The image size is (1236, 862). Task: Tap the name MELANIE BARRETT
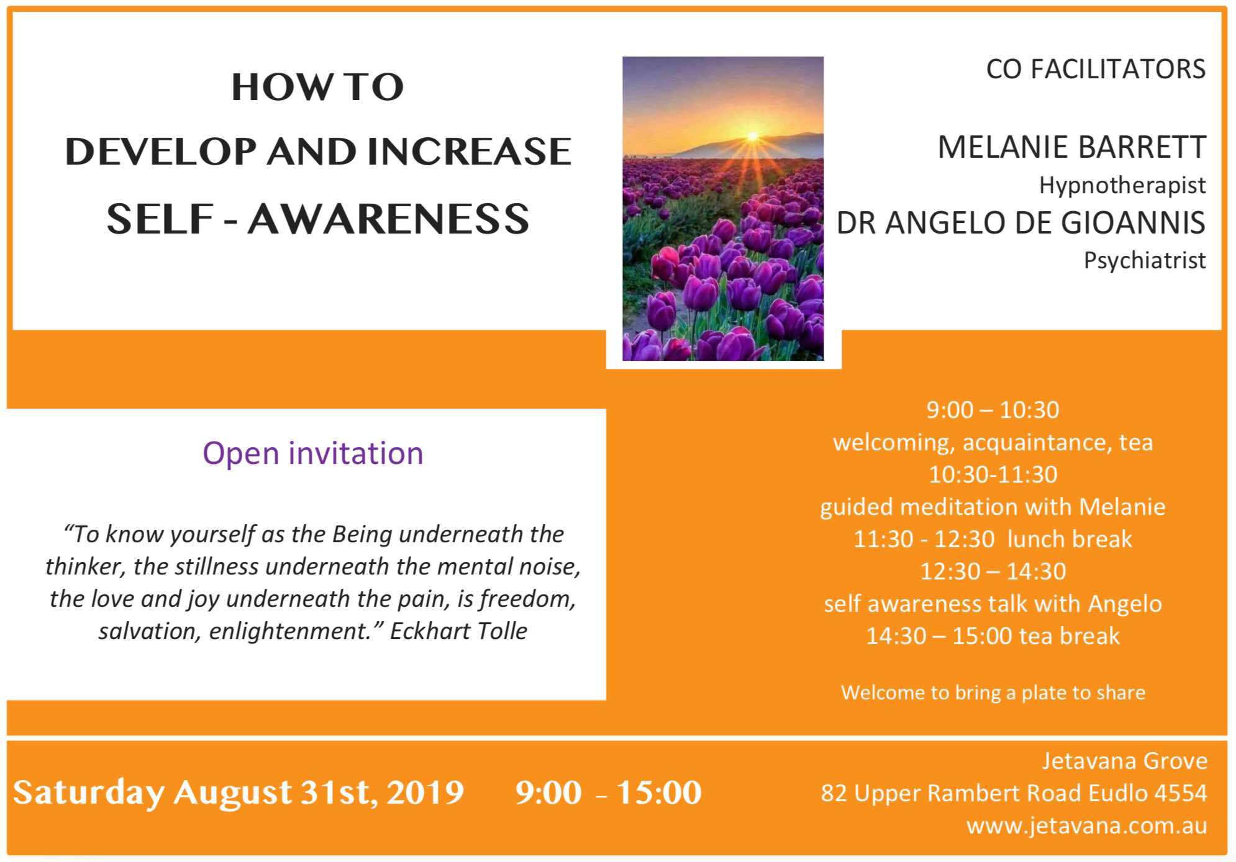pyautogui.click(x=1071, y=147)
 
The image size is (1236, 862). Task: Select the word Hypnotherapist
pyautogui.click(x=1122, y=186)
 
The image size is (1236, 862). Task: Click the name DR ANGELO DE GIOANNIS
pyautogui.click(x=1020, y=222)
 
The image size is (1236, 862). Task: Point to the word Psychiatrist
pyautogui.click(x=1145, y=260)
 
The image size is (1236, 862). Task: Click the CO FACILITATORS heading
pyautogui.click(x=1096, y=69)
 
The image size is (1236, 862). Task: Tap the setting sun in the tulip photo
pyautogui.click(x=753, y=135)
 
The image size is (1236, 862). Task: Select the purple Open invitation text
pyautogui.click(x=313, y=453)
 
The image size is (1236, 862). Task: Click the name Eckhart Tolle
pyautogui.click(x=458, y=631)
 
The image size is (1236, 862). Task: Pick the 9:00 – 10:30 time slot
pyautogui.click(x=993, y=410)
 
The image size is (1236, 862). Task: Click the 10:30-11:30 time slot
pyautogui.click(x=993, y=474)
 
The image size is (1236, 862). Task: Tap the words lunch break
pyautogui.click(x=1070, y=539)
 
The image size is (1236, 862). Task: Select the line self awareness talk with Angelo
pyautogui.click(x=993, y=604)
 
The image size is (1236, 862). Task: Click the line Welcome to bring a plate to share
pyautogui.click(x=993, y=692)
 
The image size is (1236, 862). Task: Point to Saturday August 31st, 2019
pyautogui.click(x=239, y=792)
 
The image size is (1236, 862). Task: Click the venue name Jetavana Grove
pyautogui.click(x=1125, y=761)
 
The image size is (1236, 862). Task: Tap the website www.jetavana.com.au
pyautogui.click(x=1087, y=826)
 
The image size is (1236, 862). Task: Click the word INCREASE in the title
pyautogui.click(x=469, y=152)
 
